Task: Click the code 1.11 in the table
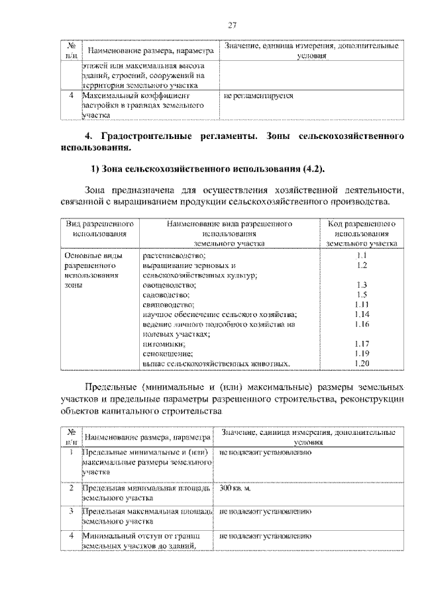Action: [360, 304]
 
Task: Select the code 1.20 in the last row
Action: [360, 363]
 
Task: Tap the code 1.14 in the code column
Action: [360, 314]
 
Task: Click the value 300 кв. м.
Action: [237, 488]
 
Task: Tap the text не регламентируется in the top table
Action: [258, 95]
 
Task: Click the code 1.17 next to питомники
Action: [360, 344]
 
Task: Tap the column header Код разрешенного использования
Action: [360, 234]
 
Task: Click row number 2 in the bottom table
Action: [71, 488]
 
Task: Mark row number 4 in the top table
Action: [71, 95]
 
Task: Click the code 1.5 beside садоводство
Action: [360, 295]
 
